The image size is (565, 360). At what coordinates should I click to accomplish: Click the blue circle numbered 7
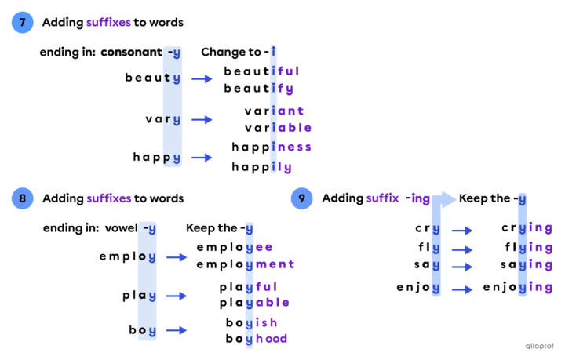coord(22,23)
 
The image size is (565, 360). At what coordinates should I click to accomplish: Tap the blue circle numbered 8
coord(22,198)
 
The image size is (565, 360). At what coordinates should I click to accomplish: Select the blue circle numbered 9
coord(301,198)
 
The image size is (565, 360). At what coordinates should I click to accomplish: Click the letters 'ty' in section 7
coord(172,78)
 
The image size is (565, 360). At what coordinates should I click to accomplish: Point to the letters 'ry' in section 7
coord(172,120)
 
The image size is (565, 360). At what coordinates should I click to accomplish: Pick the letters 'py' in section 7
coord(172,158)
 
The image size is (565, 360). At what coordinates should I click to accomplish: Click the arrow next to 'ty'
coord(202,78)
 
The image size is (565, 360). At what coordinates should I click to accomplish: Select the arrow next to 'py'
coord(202,158)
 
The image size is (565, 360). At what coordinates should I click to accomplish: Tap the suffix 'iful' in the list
coord(286,71)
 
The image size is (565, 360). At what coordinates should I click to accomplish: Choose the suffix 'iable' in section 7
coord(291,128)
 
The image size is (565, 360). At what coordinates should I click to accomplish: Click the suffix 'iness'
coord(291,147)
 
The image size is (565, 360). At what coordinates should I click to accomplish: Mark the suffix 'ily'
coord(282,167)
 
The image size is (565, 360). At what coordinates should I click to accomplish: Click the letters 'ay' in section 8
coord(148,296)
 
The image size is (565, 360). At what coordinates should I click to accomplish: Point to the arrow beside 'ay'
coord(177,296)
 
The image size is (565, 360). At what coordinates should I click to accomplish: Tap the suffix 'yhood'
coord(267,339)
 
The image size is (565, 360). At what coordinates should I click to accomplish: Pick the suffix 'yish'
coord(262,322)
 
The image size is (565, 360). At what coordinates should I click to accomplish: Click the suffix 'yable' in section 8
coord(268,303)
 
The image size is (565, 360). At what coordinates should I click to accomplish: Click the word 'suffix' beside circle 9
coord(382,198)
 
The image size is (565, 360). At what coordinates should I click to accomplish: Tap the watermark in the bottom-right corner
coord(539,346)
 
